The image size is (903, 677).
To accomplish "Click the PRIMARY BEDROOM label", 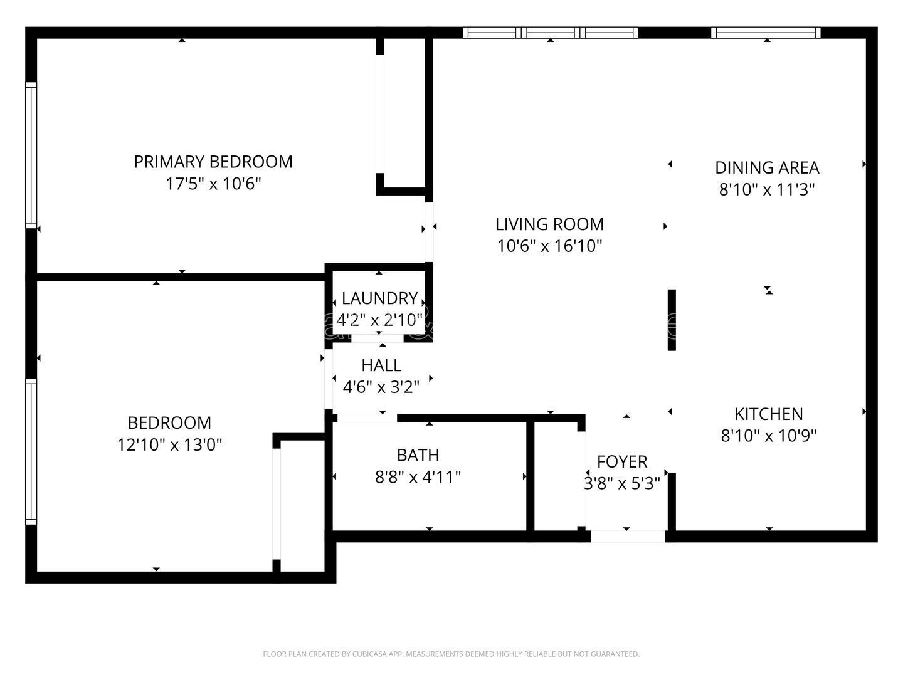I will point(213,162).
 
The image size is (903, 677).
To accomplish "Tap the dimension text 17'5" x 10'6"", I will point(213,184).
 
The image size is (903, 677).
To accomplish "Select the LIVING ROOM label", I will point(549,224).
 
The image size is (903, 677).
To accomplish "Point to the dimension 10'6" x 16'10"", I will point(549,246).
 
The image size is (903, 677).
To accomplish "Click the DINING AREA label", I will point(767,168).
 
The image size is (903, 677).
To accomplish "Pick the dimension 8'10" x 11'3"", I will point(767,190).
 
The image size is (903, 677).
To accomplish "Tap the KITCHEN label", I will point(768,414).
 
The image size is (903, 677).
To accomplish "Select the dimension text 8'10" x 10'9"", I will point(768,436).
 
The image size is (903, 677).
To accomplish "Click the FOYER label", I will point(622,462).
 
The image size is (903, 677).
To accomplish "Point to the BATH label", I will point(418,455).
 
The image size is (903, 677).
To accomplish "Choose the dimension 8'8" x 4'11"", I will point(418,478).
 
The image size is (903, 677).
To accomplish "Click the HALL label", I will point(381,365).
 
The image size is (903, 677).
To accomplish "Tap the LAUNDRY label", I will point(379,298).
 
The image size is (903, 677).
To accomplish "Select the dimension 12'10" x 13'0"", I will point(169,445).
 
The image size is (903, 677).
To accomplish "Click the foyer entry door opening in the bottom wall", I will point(628,537).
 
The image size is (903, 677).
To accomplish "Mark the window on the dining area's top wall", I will point(766,33).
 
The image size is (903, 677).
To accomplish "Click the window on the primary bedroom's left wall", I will point(31,154).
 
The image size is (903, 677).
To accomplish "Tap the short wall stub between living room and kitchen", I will point(672,320).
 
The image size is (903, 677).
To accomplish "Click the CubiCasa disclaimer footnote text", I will point(451,654).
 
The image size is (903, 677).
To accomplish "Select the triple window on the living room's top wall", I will point(551,33).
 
